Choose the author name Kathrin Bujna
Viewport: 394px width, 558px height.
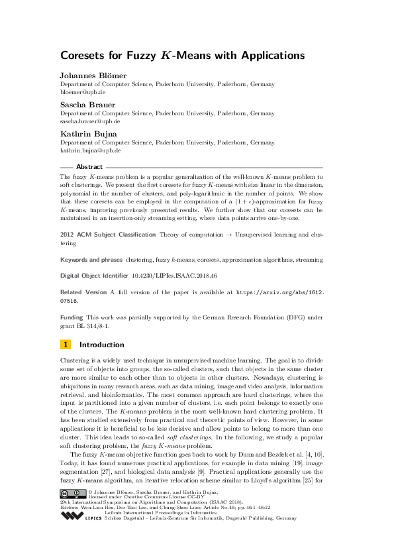click(x=84, y=134)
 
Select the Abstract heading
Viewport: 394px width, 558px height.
click(x=89, y=166)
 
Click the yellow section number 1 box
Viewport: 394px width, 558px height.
click(x=66, y=345)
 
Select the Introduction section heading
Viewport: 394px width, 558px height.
click(x=101, y=345)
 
